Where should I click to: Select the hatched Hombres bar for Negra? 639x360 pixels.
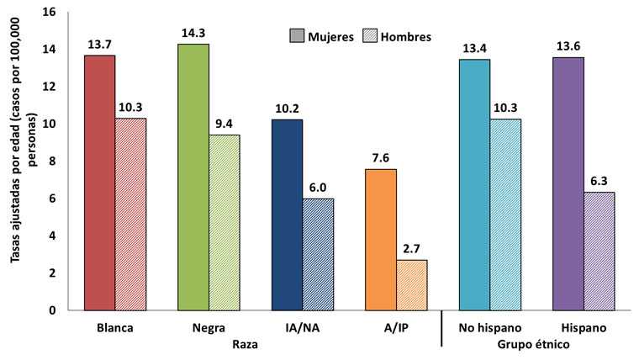[x=224, y=222]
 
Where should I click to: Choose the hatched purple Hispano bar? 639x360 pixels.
[x=599, y=251]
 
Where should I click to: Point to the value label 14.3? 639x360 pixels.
[x=193, y=34]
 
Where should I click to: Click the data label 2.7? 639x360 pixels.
[x=412, y=250]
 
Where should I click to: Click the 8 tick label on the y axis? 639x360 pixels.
[x=52, y=161]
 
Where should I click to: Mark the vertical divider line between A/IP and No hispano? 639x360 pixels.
[x=442, y=329]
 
